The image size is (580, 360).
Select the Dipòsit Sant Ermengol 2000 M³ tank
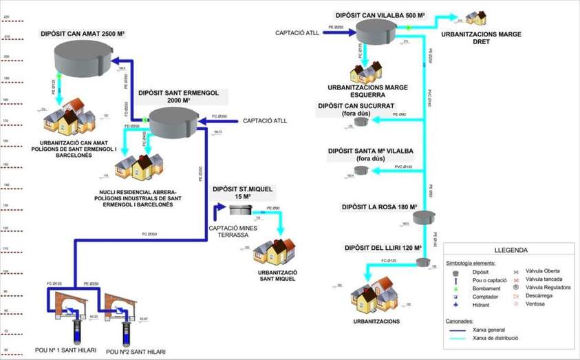[x=173, y=122]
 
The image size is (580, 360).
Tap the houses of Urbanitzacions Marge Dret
[x=476, y=17]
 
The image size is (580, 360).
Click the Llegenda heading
[x=511, y=251]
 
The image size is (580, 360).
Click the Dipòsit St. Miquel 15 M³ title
[x=234, y=191]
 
